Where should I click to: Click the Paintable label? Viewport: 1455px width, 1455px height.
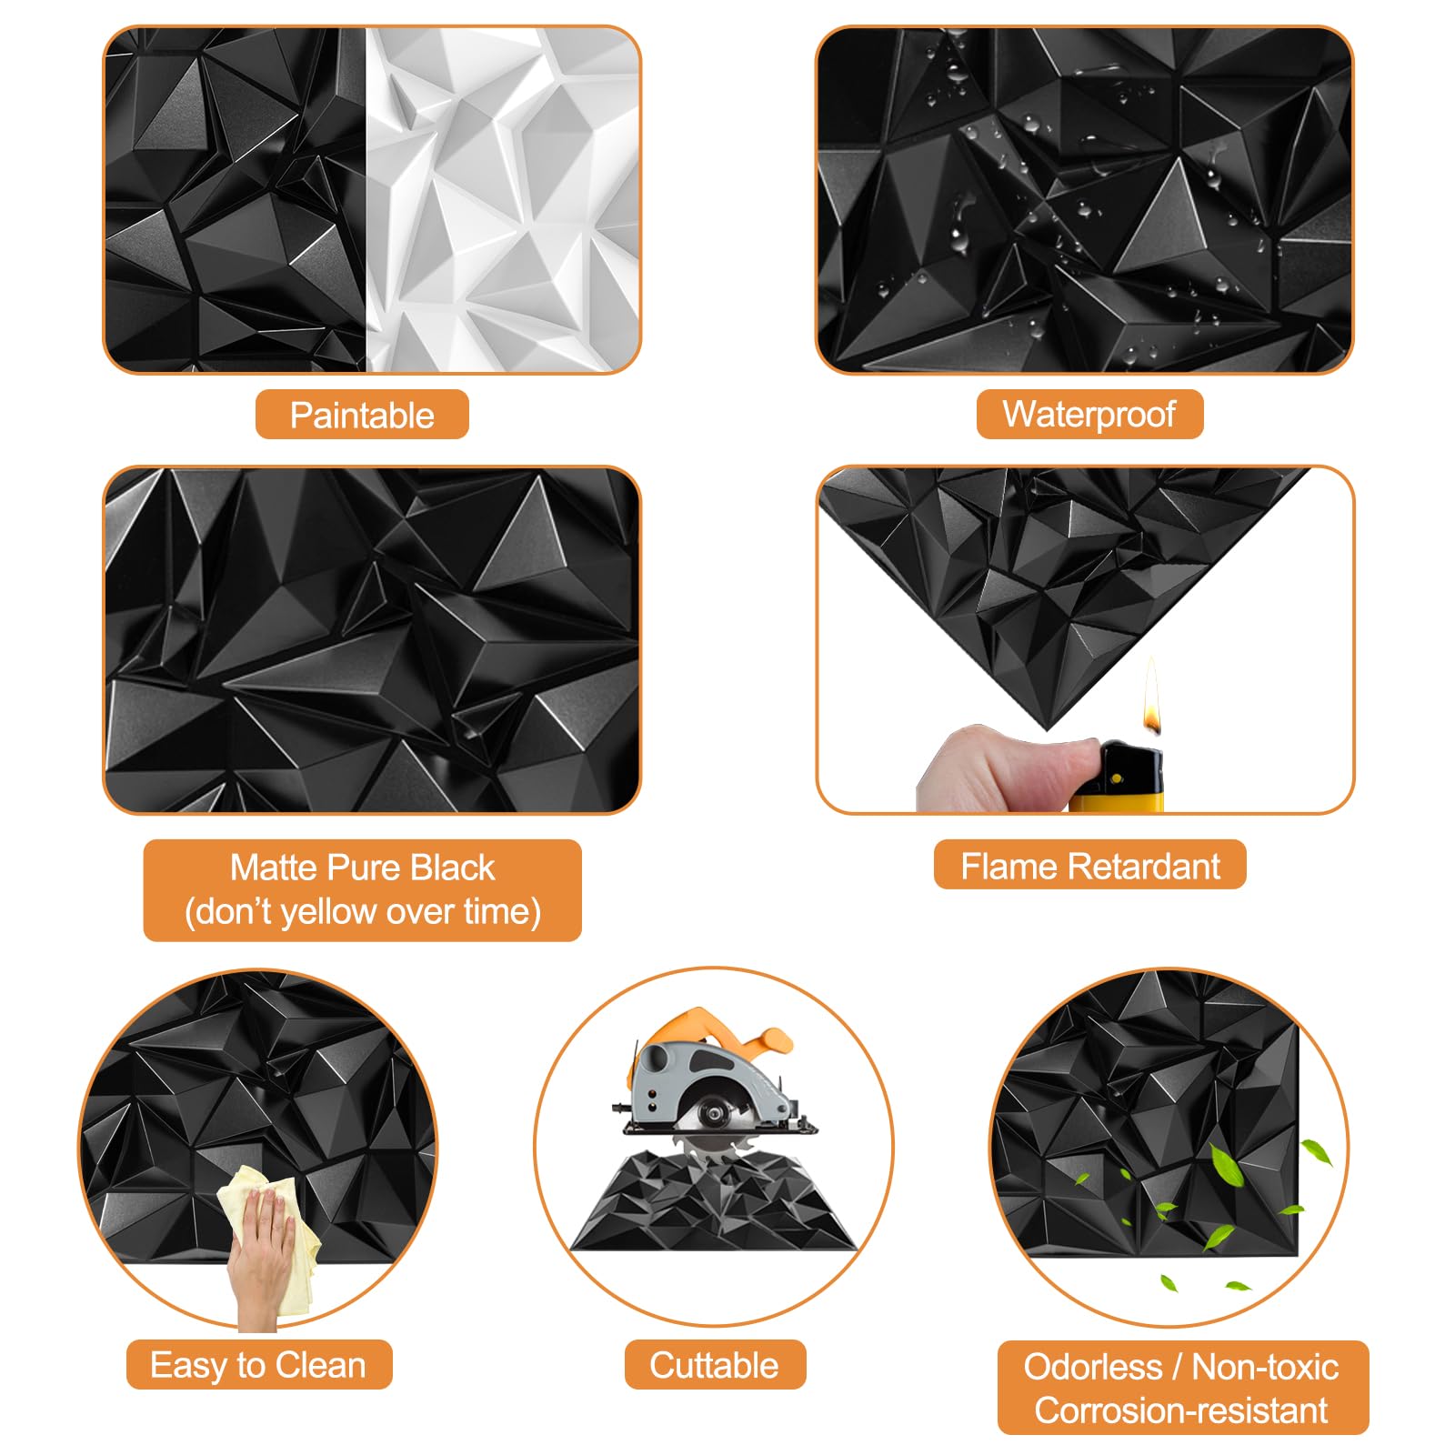pyautogui.click(x=362, y=416)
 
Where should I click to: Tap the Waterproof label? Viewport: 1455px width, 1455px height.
pyautogui.click(x=1089, y=415)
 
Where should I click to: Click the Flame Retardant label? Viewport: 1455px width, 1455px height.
pyautogui.click(x=1089, y=867)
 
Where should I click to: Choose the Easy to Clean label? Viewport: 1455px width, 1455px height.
pyautogui.click(x=258, y=1365)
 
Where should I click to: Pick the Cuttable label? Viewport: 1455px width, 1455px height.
pyautogui.click(x=714, y=1365)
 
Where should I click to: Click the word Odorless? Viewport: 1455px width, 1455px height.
pyautogui.click(x=1092, y=1367)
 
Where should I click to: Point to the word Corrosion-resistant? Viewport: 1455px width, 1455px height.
pyautogui.click(x=1180, y=1410)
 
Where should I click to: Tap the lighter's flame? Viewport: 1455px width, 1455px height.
pyautogui.click(x=1151, y=700)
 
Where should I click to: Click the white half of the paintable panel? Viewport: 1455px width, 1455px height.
pyautogui.click(x=502, y=200)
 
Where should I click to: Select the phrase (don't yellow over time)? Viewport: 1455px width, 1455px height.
pyautogui.click(x=362, y=911)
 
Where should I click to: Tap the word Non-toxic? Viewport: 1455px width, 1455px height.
pyautogui.click(x=1264, y=1367)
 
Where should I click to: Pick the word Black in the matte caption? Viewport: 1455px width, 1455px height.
pyautogui.click(x=452, y=868)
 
